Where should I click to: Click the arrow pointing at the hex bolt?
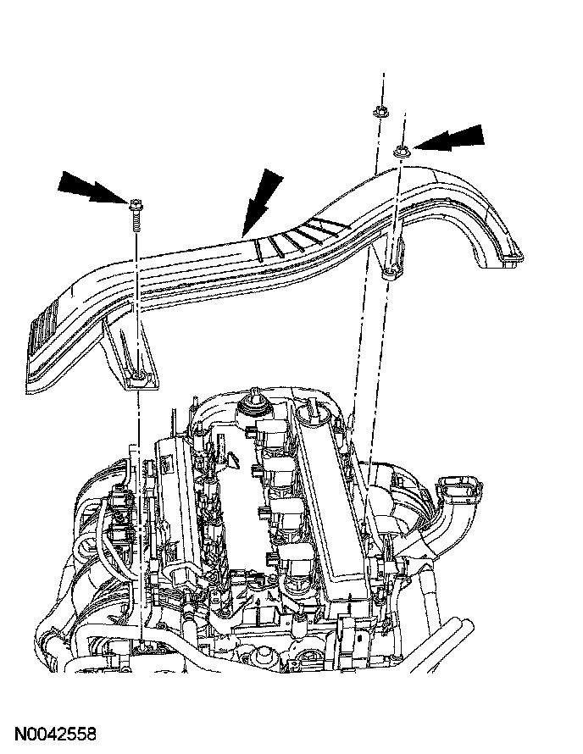[89, 187]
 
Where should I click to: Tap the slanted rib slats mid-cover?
[301, 235]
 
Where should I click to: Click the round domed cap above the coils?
[253, 405]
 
